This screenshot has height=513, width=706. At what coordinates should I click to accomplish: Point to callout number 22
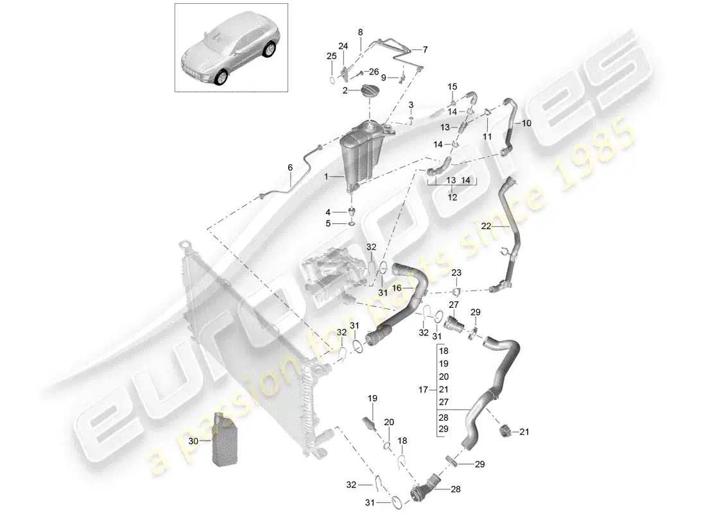click(486, 226)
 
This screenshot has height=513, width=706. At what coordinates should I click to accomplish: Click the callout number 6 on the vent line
click(290, 167)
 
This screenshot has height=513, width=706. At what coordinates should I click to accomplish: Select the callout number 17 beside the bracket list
click(422, 389)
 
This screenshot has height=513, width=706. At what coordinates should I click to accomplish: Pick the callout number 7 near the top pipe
click(424, 49)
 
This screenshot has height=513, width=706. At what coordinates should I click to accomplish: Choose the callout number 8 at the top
click(360, 32)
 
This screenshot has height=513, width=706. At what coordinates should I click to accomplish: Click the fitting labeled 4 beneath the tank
click(352, 212)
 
